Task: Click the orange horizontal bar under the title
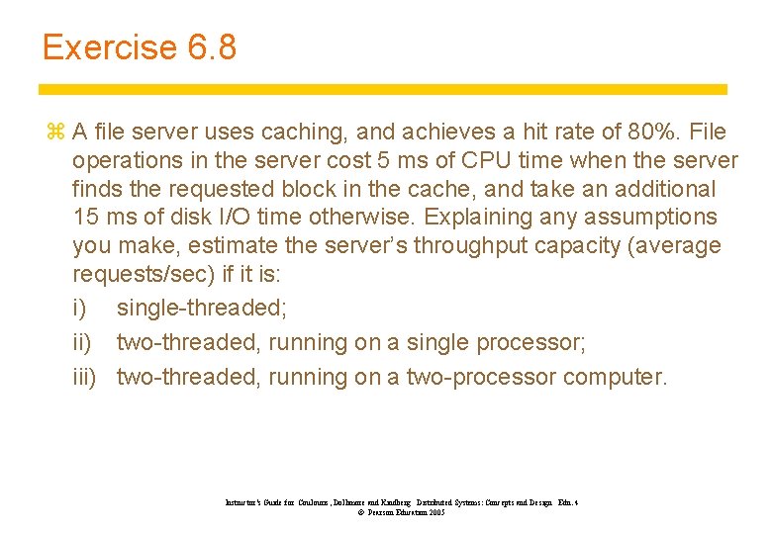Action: click(x=384, y=89)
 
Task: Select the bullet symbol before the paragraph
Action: click(x=54, y=133)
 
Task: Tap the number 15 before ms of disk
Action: click(x=85, y=217)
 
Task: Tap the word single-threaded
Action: click(x=202, y=308)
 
